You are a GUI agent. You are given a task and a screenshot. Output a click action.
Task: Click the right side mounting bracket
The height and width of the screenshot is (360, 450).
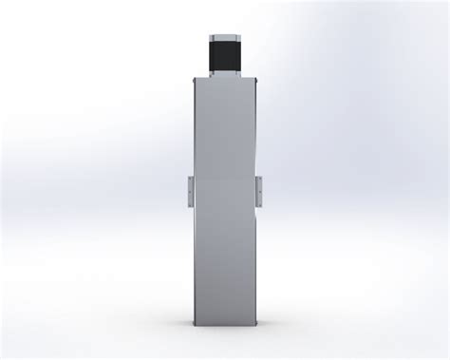click(259, 189)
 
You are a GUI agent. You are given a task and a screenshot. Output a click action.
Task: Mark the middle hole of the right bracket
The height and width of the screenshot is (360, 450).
click(259, 189)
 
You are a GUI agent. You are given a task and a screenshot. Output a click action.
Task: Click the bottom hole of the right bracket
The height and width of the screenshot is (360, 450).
click(259, 199)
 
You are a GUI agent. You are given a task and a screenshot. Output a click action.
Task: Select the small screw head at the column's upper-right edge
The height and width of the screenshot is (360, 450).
click(257, 87)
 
